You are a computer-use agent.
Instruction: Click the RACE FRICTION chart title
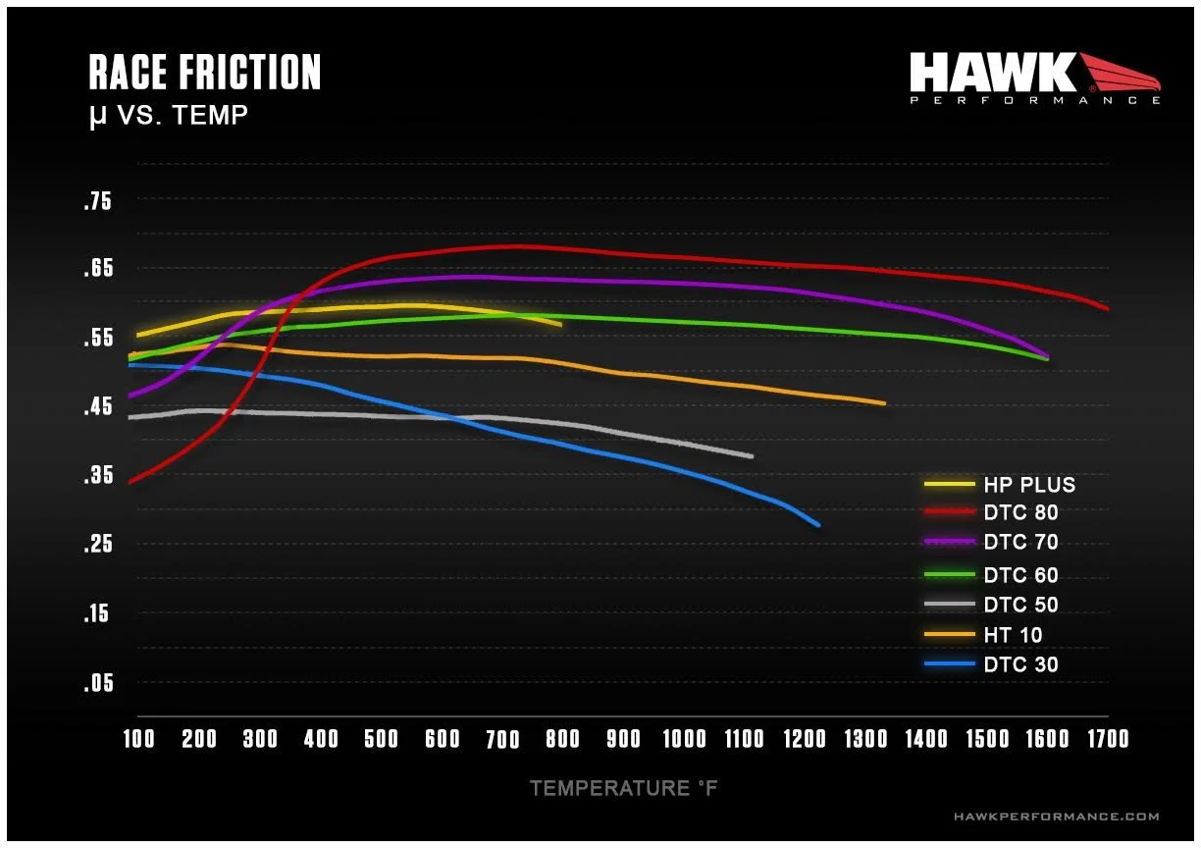pyautogui.click(x=204, y=74)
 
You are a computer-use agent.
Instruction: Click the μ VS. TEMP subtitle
pyautogui.click(x=168, y=118)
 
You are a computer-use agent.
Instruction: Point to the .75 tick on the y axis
pyautogui.click(x=98, y=202)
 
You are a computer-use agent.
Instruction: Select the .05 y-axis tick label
pyautogui.click(x=98, y=683)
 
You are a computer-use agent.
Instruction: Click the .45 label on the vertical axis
pyautogui.click(x=98, y=407)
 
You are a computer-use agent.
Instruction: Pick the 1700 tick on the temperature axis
pyautogui.click(x=1107, y=739)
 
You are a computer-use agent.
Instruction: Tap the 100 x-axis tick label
pyautogui.click(x=138, y=739)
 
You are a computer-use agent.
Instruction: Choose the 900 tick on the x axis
pyautogui.click(x=624, y=739)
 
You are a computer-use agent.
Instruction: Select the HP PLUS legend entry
pyautogui.click(x=1028, y=485)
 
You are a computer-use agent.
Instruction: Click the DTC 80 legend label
pyautogui.click(x=1020, y=512)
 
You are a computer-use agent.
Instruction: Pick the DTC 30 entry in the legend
pyautogui.click(x=1020, y=665)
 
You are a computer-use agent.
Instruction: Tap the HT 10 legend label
pyautogui.click(x=1013, y=636)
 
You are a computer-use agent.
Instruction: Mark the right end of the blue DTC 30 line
pyautogui.click(x=817, y=525)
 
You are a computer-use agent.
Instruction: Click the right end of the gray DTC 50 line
pyautogui.click(x=751, y=456)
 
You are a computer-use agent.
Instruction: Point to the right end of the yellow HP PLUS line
pyautogui.click(x=559, y=324)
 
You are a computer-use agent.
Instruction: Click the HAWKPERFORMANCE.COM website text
pyautogui.click(x=1056, y=817)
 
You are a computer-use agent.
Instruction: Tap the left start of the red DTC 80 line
pyautogui.click(x=131, y=481)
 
